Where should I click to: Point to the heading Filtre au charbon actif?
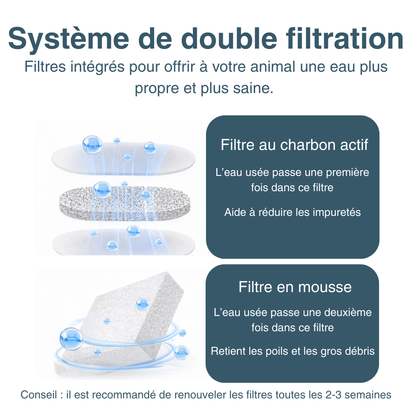click(294, 145)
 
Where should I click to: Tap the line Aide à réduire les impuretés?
click(293, 212)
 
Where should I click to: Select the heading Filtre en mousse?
click(295, 287)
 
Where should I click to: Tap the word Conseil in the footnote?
click(38, 395)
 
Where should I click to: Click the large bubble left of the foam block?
click(71, 338)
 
